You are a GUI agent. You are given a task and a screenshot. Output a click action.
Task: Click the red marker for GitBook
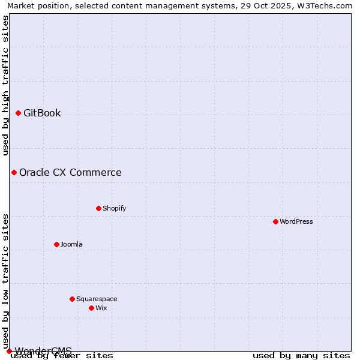tap(18, 113)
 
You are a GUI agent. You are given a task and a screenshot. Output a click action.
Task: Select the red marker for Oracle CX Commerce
tap(14, 172)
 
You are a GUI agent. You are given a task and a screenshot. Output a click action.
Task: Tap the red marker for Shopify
tap(98, 208)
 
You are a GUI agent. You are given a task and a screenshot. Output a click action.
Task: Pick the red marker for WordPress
tap(275, 221)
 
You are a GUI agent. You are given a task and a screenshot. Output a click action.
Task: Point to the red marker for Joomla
tap(56, 244)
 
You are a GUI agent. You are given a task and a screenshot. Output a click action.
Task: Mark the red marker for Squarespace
tap(72, 299)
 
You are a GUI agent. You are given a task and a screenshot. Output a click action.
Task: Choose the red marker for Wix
tap(91, 308)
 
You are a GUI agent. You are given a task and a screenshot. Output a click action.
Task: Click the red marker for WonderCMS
tap(9, 351)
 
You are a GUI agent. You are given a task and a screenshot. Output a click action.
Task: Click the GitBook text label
tap(42, 113)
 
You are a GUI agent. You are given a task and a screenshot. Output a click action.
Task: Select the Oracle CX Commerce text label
tap(70, 173)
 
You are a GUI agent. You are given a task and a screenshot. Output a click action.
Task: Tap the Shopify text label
tap(114, 208)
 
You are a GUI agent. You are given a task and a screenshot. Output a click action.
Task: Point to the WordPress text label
tap(296, 221)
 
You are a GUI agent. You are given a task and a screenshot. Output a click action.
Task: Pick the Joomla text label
tap(71, 244)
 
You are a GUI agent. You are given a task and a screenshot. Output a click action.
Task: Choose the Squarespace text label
tap(97, 299)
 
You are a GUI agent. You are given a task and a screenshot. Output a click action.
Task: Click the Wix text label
tap(101, 308)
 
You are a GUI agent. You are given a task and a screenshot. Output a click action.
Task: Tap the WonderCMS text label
tap(43, 350)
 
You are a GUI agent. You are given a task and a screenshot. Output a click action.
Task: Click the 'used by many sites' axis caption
tap(301, 356)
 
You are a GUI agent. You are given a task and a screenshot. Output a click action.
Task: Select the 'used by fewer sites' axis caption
tap(62, 356)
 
